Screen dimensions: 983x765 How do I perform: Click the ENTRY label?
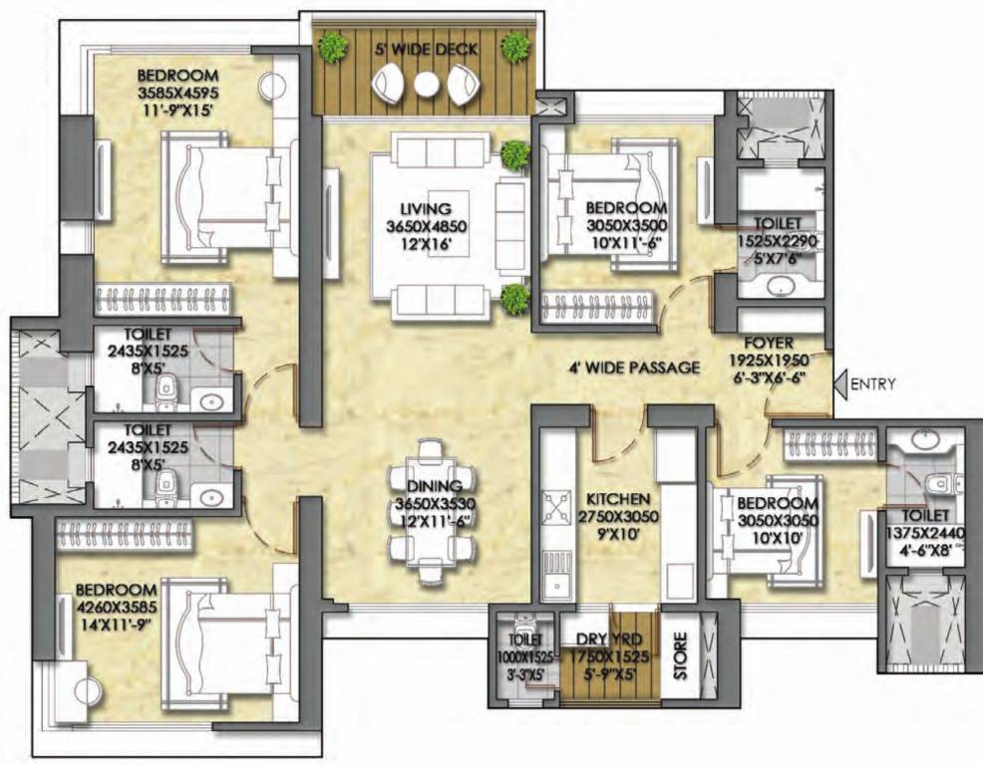pos(873,384)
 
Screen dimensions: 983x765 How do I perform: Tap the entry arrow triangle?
pos(840,383)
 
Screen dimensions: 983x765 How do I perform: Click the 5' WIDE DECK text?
pos(427,50)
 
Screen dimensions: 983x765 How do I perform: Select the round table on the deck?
pos(427,85)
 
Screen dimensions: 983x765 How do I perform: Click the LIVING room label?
pos(427,208)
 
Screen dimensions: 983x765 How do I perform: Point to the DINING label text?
pos(434,485)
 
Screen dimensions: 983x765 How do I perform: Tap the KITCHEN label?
pos(618,499)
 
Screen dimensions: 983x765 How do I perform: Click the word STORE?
pos(680,656)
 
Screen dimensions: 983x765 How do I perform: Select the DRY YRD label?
pos(609,639)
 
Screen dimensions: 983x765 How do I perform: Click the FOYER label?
pos(769,344)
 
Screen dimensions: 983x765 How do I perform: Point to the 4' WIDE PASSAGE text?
pos(634,368)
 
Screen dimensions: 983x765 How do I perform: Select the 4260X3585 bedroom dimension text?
pos(116,607)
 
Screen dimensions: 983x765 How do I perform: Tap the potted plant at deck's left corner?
pos(332,46)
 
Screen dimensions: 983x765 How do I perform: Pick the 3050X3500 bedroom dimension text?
pos(626,225)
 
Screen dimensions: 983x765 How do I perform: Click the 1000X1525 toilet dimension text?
pos(525,658)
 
